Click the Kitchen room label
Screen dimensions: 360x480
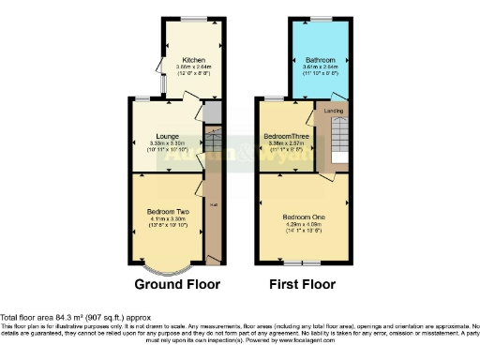click(194, 60)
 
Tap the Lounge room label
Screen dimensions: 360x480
click(168, 136)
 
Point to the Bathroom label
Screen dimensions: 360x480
click(319, 60)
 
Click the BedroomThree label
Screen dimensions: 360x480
click(286, 136)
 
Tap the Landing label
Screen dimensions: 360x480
click(334, 112)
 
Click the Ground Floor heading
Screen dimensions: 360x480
click(177, 284)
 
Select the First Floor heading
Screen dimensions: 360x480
click(303, 284)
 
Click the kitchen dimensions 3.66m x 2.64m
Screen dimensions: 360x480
click(194, 67)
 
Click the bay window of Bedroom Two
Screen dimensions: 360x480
click(170, 262)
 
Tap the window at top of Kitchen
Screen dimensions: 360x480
click(195, 20)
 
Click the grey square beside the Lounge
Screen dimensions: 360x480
click(211, 114)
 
